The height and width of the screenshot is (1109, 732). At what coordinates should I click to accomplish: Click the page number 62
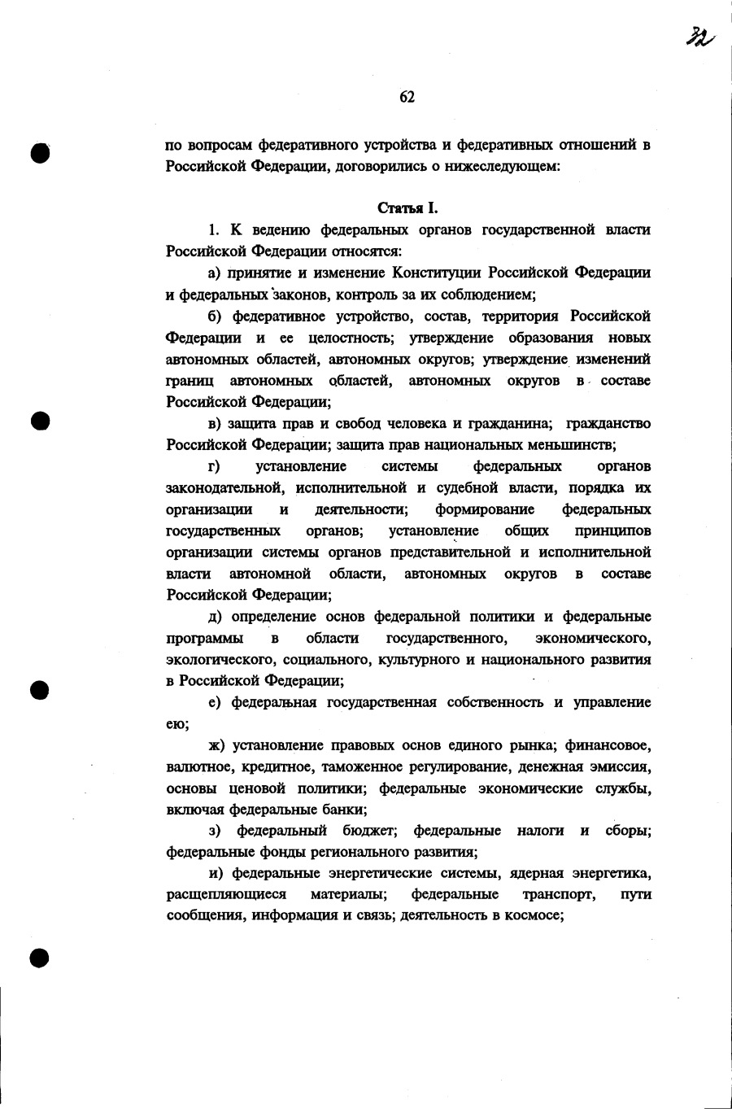click(407, 97)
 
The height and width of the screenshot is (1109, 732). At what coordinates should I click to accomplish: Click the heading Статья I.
click(408, 208)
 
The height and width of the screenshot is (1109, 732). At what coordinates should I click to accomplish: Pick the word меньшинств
click(573, 445)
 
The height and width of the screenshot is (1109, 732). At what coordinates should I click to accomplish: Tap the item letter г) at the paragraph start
click(215, 466)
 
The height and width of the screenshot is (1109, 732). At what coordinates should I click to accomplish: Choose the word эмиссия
click(625, 766)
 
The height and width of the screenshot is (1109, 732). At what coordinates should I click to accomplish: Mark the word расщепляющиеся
click(226, 895)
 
